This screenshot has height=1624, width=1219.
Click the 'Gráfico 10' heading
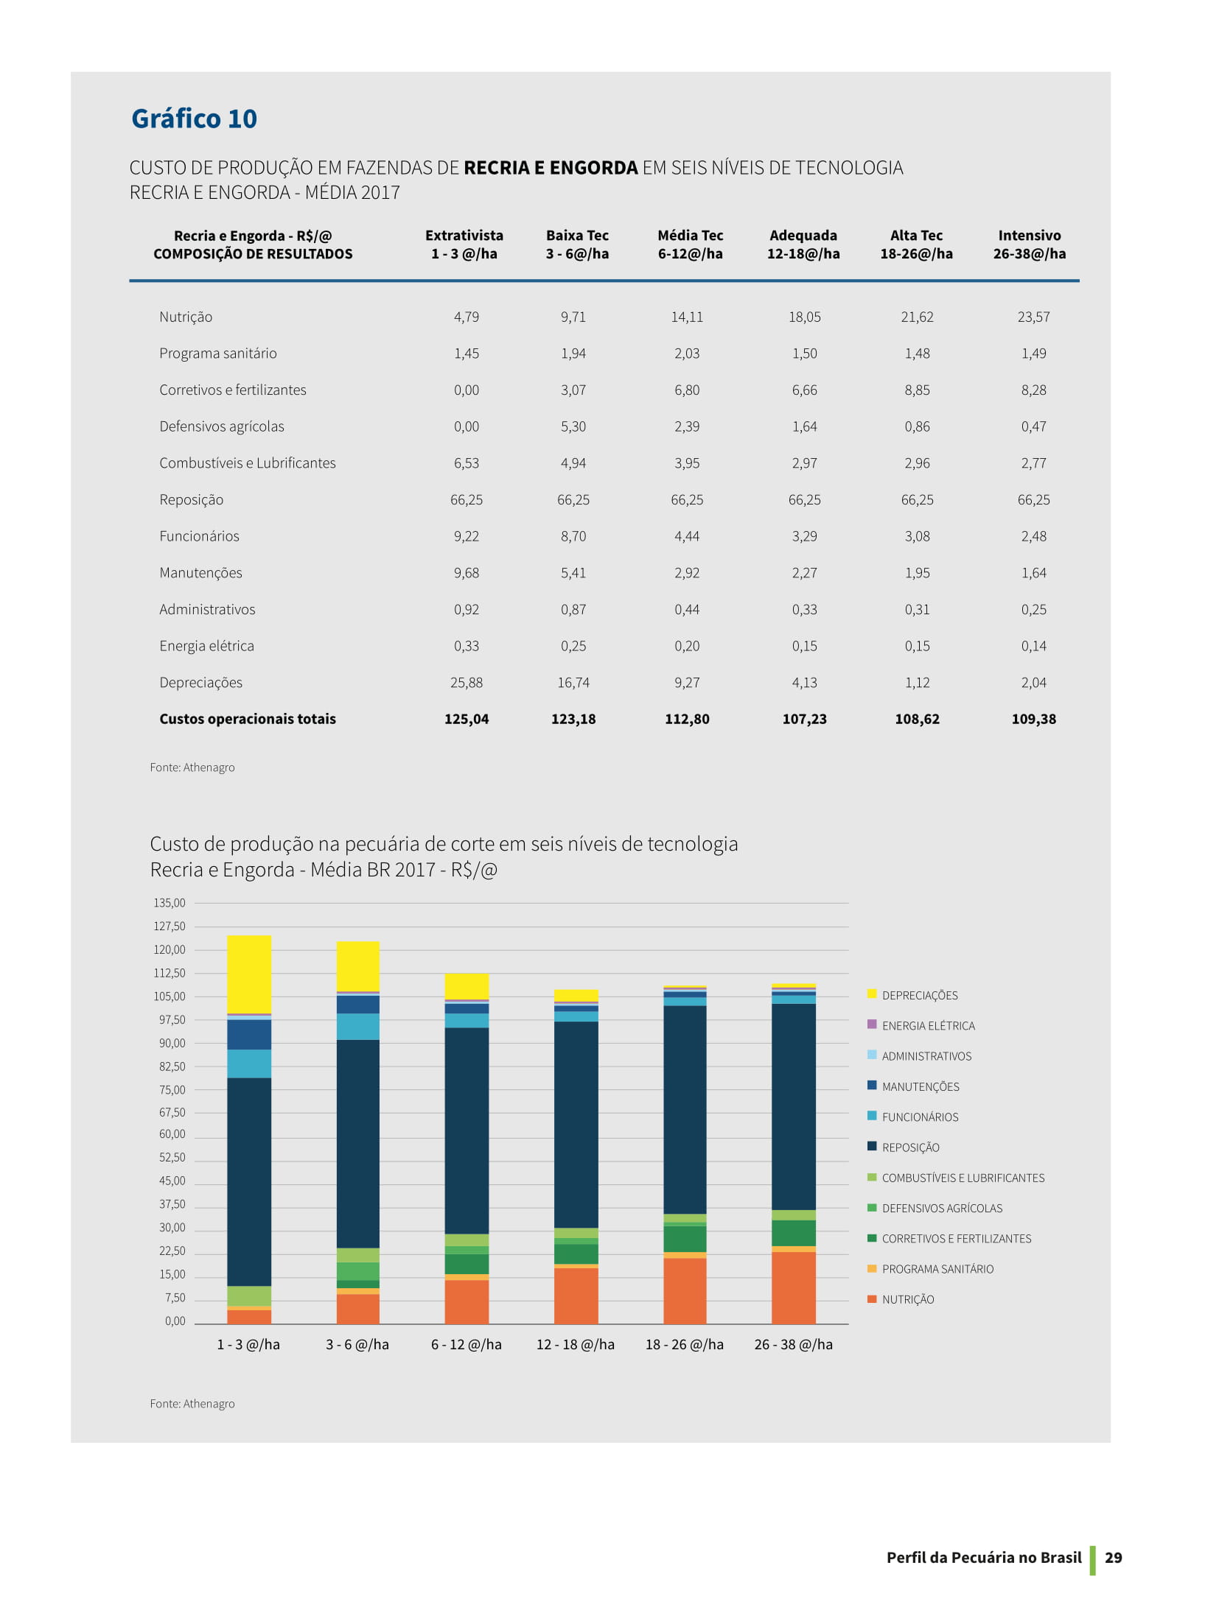coord(194,119)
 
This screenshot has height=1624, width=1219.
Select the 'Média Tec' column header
coord(690,236)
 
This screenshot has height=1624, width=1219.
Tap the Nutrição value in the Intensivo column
coord(1033,317)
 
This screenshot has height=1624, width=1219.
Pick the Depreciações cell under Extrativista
coord(467,683)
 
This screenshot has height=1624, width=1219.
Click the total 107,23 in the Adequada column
coord(804,719)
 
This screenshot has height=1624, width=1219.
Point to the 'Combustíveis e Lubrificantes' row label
coord(248,463)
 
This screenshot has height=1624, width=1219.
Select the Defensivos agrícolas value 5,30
coord(573,426)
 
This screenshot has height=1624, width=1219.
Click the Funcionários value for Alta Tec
coord(917,536)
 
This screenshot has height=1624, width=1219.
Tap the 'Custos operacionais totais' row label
coord(248,719)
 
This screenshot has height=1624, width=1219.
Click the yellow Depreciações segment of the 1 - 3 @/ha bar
coord(249,974)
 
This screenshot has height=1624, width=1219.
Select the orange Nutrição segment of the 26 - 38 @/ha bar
coord(794,1287)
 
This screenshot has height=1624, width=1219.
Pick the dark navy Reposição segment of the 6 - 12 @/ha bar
coord(467,1131)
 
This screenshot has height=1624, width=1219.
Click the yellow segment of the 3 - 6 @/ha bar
coord(358,966)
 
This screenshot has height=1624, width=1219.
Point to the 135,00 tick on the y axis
coord(170,903)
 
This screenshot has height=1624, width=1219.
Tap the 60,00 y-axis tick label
coord(172,1134)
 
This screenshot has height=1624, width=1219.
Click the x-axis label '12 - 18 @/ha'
coord(576,1344)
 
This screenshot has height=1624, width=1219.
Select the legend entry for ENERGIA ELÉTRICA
coord(921,1025)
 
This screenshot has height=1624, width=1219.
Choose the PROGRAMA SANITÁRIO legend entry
coord(931,1269)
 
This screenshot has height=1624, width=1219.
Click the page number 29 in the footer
coord(1114,1557)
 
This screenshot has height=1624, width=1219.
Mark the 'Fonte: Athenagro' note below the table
coord(192,767)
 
